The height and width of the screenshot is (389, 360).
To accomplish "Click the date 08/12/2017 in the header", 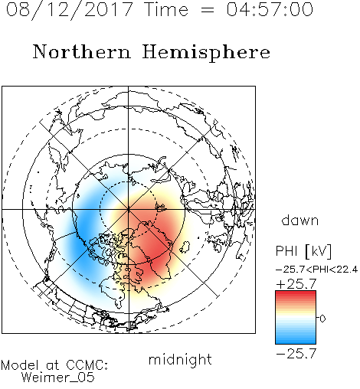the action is point(70,10).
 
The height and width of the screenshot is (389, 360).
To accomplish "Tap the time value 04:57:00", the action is point(270,9).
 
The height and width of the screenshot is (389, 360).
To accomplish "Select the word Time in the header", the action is point(166,9).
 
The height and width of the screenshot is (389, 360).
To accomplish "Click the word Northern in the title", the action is point(82,51).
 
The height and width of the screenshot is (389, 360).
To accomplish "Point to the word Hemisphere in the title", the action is point(206,53).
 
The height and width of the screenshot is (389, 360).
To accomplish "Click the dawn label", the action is point(300,220).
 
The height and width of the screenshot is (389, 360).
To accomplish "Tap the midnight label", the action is point(180,360).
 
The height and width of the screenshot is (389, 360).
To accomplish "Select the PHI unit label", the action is point(303,251).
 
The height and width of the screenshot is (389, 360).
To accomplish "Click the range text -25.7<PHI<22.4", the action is point(316,270).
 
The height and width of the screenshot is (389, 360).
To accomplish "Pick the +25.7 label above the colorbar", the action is point(296,284).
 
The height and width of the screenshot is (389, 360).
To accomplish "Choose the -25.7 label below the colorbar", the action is point(296,354).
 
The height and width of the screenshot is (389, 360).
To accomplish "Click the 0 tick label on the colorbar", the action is point(322,319).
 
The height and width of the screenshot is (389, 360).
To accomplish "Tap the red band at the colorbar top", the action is point(296,294).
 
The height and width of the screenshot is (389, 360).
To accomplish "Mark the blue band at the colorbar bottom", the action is point(296,340).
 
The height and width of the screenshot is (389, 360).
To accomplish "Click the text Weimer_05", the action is point(58,378).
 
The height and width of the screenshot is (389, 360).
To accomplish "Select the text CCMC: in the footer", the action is point(87,365).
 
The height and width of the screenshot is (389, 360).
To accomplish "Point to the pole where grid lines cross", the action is point(129,209).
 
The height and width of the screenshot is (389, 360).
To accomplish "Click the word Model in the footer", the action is point(20,365).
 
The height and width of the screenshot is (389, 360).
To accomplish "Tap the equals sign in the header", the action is point(208,10).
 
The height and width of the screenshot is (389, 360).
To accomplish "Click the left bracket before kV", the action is point(307,252).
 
